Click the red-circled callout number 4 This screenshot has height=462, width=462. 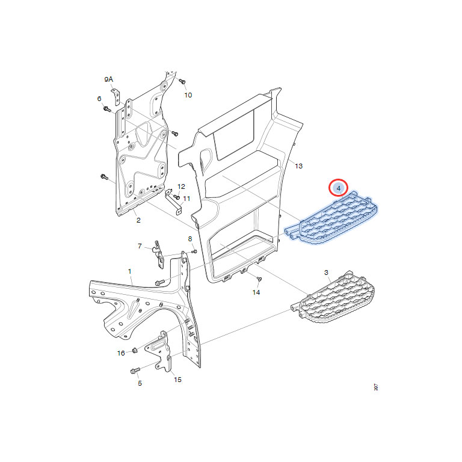tap(338, 188)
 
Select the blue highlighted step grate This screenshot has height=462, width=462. tap(331, 218)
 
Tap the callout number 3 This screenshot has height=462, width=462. tap(326, 273)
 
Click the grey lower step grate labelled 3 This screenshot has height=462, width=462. tap(333, 297)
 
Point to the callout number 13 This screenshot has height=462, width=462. tap(298, 166)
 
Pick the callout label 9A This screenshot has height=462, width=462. tap(109, 79)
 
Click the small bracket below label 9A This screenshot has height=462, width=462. tap(115, 96)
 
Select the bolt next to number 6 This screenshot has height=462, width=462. tap(107, 109)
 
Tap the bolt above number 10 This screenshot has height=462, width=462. tap(182, 81)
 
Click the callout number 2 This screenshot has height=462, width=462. tap(138, 220)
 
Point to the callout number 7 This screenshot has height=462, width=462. tap(140, 246)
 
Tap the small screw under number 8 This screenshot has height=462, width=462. tap(194, 251)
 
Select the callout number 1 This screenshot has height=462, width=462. tap(130, 271)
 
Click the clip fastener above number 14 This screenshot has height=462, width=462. tap(259, 279)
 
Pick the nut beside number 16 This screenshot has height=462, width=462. tap(134, 350)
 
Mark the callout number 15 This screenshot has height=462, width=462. tap(177, 380)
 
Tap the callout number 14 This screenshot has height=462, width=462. tap(256, 292)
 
